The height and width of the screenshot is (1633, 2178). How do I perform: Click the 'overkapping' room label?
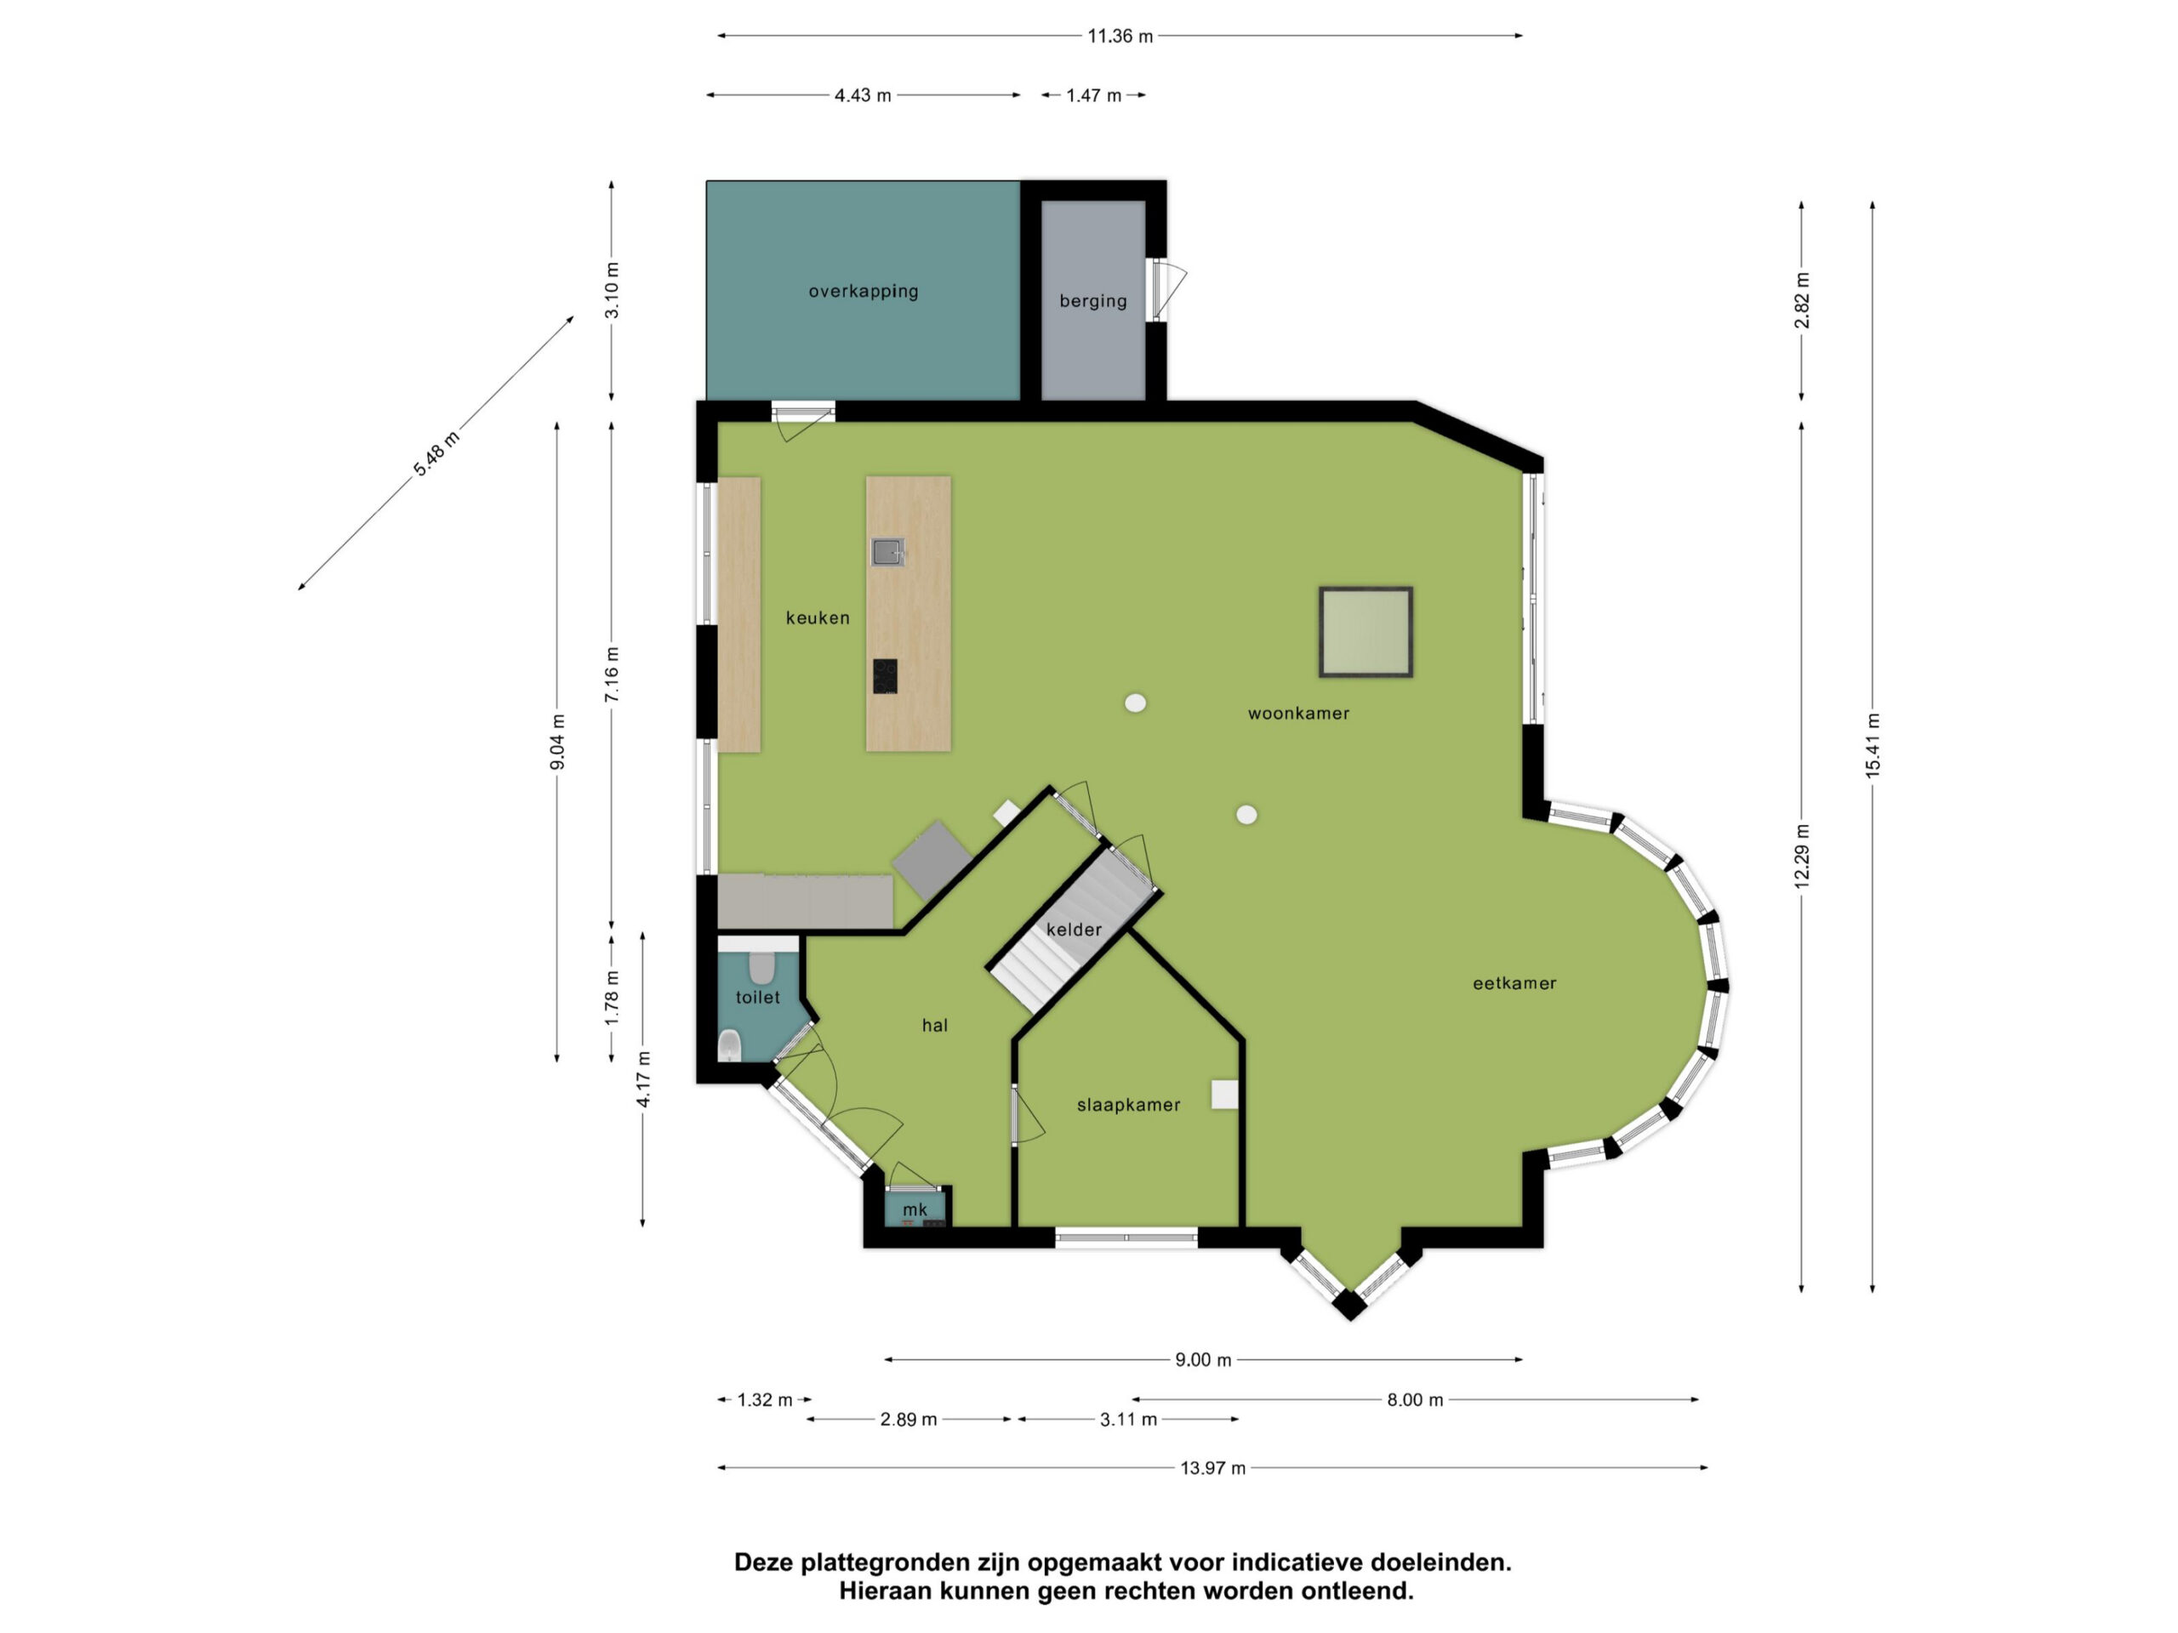point(864,292)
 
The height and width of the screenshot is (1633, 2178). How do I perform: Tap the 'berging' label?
point(1093,301)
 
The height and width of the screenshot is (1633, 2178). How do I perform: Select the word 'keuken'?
point(818,618)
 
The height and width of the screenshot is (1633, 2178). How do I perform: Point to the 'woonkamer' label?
point(1299,714)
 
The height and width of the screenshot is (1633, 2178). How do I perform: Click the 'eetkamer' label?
point(1514,983)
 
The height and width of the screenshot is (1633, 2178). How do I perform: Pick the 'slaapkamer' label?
point(1128,1106)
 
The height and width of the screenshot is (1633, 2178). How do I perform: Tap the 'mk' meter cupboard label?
point(915,1209)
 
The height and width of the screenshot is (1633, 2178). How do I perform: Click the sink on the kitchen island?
point(887,551)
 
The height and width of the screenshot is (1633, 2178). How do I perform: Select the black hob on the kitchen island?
point(884,676)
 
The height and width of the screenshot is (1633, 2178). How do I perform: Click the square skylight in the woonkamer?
point(1366,632)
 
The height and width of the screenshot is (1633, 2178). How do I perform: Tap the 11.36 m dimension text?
point(1120,37)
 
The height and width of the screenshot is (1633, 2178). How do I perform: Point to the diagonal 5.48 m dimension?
point(436,454)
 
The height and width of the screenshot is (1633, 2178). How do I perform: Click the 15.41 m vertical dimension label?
point(1872,746)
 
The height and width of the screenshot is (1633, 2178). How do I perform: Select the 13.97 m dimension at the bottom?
point(1213,1468)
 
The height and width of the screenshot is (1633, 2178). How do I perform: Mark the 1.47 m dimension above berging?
point(1094,95)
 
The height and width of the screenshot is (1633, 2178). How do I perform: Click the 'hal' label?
point(934,1025)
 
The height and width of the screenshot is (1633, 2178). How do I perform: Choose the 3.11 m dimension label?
point(1128,1419)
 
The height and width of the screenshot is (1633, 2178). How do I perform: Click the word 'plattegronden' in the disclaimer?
point(887,1562)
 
